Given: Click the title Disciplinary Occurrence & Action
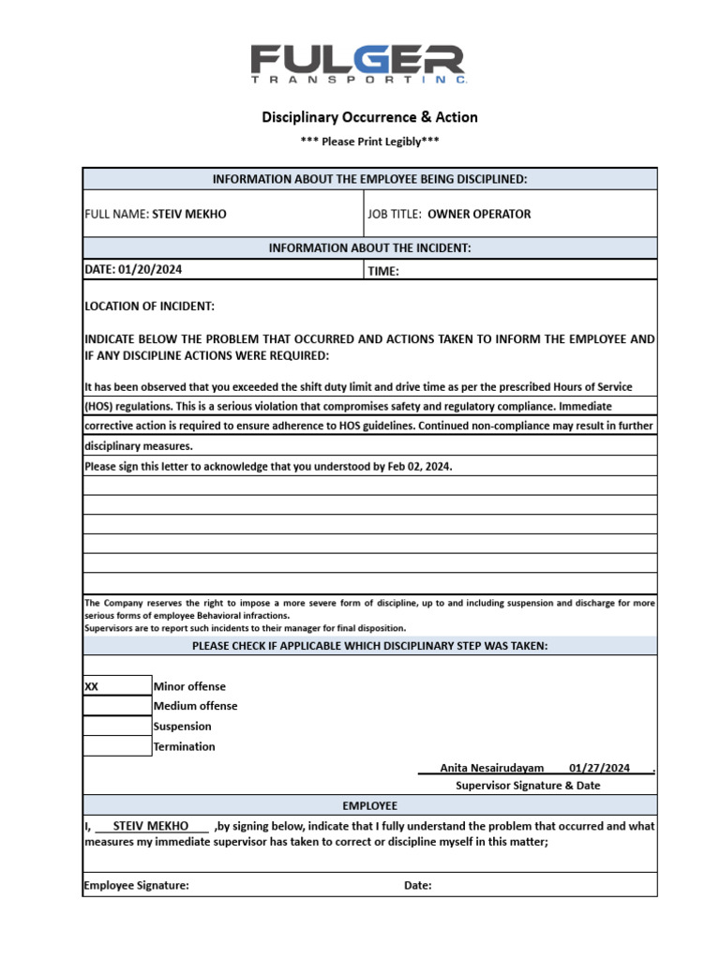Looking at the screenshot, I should (x=369, y=117).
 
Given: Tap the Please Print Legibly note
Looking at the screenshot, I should (x=369, y=142).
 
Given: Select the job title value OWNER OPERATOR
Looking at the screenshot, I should (x=479, y=214).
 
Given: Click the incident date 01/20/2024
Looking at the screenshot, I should (x=150, y=269).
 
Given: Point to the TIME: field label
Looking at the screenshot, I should (x=383, y=271).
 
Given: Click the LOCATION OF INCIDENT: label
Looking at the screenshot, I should (x=150, y=307).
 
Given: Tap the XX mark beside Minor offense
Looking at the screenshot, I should (x=92, y=686).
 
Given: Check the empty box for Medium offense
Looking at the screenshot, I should (x=116, y=706).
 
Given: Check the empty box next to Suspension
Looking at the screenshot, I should (x=116, y=727).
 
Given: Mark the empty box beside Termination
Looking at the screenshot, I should (x=116, y=746).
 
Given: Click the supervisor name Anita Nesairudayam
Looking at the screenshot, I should (x=491, y=768).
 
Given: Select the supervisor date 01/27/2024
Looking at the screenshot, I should (x=599, y=768).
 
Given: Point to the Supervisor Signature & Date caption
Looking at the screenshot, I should (x=528, y=786).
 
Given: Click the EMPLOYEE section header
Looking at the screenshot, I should (x=369, y=805).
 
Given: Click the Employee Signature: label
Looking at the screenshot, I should (x=136, y=885).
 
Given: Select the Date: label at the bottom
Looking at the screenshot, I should (x=418, y=885).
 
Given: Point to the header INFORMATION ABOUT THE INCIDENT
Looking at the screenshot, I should (x=369, y=248).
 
